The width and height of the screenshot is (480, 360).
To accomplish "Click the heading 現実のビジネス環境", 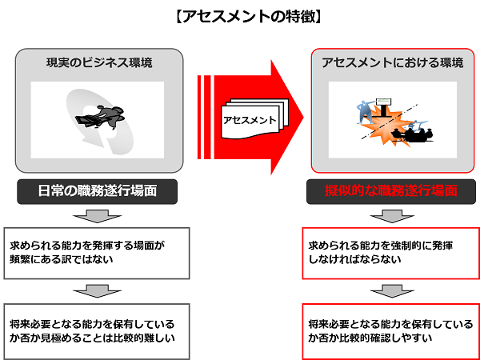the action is click(x=99, y=63).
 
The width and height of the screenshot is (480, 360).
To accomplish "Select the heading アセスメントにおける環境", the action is click(x=393, y=63).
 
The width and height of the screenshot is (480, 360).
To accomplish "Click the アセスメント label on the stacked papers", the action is click(x=250, y=120).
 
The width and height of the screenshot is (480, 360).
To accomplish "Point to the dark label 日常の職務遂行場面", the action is click(x=97, y=191).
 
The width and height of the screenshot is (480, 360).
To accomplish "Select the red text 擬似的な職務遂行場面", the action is click(x=391, y=191).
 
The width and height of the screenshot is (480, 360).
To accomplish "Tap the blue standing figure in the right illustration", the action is click(x=366, y=112).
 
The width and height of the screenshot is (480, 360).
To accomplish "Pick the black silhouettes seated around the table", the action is click(x=413, y=134).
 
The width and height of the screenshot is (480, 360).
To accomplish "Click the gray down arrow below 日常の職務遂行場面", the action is click(x=97, y=216).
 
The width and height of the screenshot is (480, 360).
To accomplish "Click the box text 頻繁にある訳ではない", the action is click(x=62, y=260).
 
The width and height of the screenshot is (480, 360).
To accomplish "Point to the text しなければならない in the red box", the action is click(x=355, y=260).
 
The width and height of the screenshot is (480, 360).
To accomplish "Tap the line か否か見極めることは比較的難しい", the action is click(x=92, y=338).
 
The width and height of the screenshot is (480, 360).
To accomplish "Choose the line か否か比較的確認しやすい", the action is click(x=370, y=338).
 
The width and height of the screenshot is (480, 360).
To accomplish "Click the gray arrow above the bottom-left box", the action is click(x=97, y=291).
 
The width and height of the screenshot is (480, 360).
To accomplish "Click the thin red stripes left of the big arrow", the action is click(x=204, y=118).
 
